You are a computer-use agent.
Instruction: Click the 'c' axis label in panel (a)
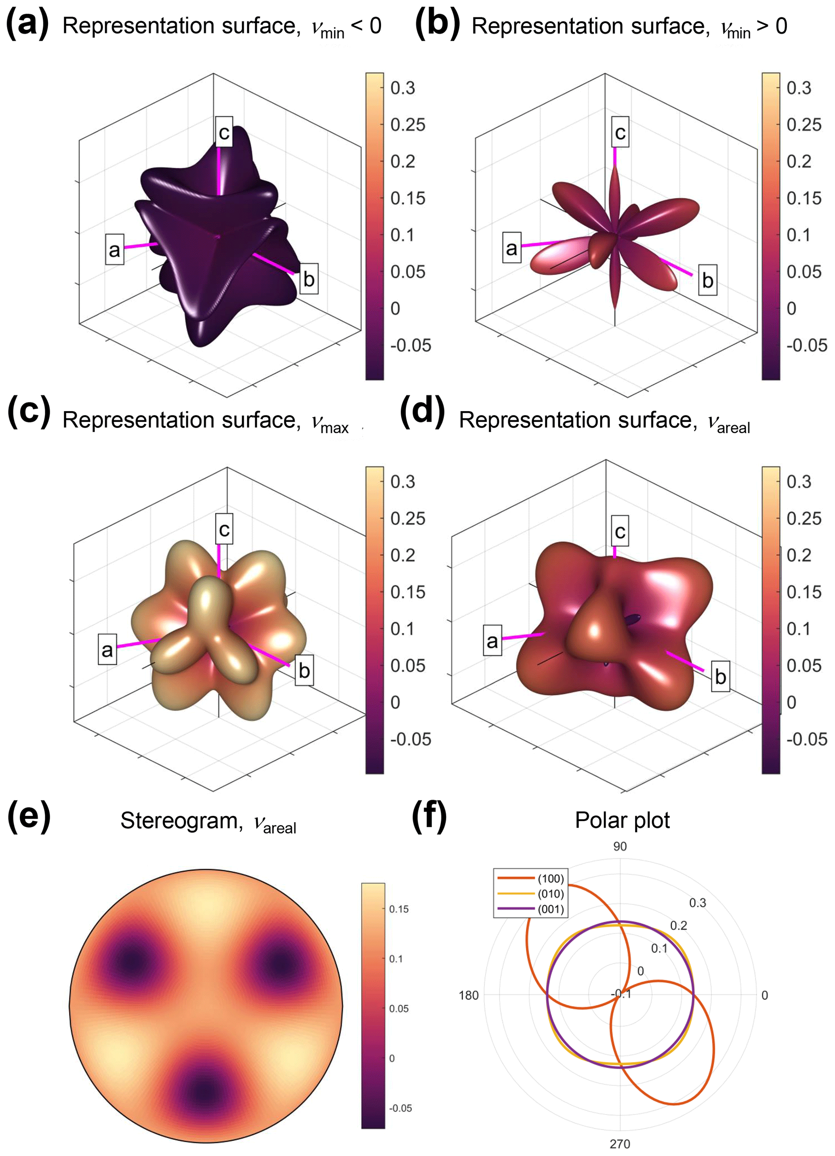224,132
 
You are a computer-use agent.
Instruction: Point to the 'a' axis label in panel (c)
107,649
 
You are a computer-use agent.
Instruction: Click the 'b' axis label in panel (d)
720,677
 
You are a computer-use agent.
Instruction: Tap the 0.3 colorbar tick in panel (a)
403,88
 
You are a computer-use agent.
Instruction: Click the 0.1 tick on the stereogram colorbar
396,959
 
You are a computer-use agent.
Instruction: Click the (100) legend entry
551,879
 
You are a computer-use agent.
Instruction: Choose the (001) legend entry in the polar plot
551,909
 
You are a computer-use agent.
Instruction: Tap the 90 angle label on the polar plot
620,847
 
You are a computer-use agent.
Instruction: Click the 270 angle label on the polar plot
620,1144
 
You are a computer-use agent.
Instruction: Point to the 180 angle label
469,995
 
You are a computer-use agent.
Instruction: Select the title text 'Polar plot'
622,820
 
